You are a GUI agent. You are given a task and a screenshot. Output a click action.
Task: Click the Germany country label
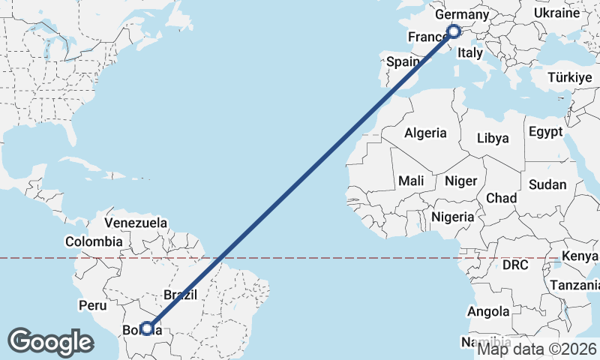click(462, 15)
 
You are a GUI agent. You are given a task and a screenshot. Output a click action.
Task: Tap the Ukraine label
click(556, 13)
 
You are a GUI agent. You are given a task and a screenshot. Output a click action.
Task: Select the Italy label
click(470, 53)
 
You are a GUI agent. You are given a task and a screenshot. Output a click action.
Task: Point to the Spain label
click(402, 63)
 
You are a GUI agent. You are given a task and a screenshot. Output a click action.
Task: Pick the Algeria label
click(425, 133)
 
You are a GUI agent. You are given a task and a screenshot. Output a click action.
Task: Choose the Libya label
click(493, 139)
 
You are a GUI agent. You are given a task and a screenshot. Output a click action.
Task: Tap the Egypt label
click(545, 132)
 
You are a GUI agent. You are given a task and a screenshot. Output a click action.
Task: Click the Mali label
click(411, 181)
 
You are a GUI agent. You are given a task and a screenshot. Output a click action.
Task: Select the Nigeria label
click(453, 217)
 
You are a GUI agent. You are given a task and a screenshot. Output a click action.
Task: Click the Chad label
click(502, 198)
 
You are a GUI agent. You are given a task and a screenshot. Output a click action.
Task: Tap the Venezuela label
click(136, 223)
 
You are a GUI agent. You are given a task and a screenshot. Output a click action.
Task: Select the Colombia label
click(93, 241)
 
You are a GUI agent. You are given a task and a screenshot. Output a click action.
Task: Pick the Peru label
click(93, 305)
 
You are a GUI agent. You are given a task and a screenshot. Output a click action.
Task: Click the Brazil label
click(180, 295)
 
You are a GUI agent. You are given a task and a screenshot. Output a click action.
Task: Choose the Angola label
click(489, 311)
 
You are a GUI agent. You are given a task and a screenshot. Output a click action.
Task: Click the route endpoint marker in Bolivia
click(147, 328)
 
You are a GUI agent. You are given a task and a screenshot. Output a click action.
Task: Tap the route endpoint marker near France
click(453, 31)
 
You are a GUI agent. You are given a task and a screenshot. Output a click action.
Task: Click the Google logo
click(50, 342)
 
